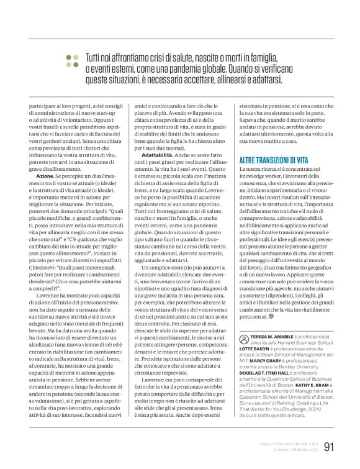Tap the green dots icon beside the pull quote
[73, 60]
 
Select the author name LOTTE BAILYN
[254, 350]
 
